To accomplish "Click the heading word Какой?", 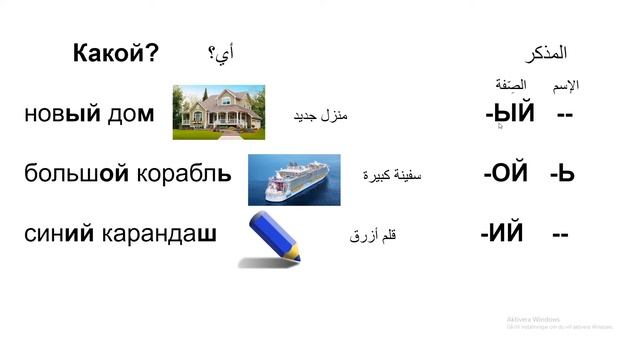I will (115, 53).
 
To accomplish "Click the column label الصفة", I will (511, 85).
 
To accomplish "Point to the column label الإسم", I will (566, 85).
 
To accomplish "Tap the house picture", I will (218, 111).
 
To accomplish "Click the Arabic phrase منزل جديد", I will (319, 116).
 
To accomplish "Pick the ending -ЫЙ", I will (510, 114).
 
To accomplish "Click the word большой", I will (77, 172).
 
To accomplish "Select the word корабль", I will (184, 172).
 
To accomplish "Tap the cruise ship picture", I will (297, 178).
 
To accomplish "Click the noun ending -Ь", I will (562, 172).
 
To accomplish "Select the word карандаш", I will (159, 234).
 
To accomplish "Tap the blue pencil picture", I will (270, 238).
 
